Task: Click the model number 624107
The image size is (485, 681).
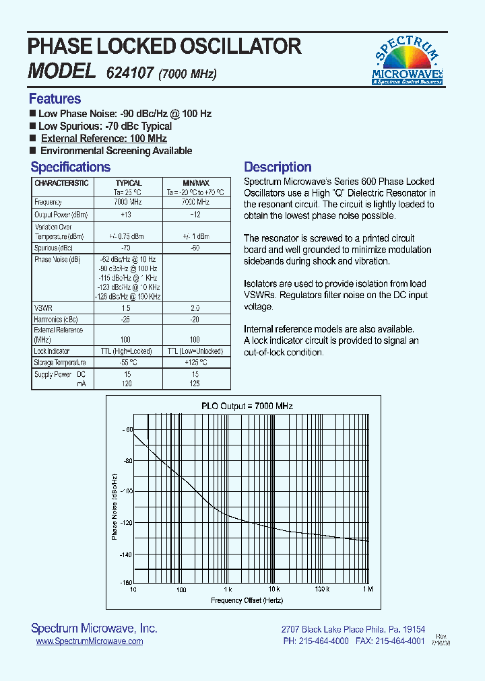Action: (x=129, y=72)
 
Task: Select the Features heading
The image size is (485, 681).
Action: (x=55, y=99)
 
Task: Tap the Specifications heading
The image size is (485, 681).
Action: (x=70, y=167)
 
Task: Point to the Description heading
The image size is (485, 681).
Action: (x=278, y=167)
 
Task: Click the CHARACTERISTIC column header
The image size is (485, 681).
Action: (x=61, y=183)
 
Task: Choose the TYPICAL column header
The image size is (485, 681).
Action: (x=128, y=183)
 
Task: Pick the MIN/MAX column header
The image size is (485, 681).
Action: (x=196, y=183)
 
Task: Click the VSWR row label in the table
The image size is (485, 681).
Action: (x=42, y=308)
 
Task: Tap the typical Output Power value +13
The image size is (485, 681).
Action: (x=126, y=215)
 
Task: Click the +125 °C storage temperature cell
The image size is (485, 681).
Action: (x=196, y=363)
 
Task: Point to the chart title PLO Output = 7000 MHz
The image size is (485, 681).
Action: (x=247, y=406)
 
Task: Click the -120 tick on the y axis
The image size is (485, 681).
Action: (x=127, y=523)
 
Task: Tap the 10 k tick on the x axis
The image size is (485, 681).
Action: (x=273, y=589)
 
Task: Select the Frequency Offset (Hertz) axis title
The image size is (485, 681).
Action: (x=247, y=600)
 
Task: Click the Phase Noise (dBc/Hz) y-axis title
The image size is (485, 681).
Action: (x=115, y=506)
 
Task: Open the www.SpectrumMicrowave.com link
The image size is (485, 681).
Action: (x=89, y=641)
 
